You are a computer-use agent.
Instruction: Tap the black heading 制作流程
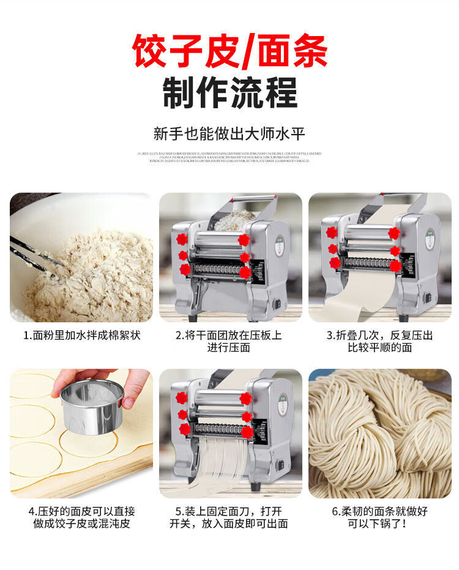(x=229, y=92)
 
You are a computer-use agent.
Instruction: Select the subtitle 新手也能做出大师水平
(x=229, y=133)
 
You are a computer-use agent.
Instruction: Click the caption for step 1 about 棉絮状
(x=81, y=336)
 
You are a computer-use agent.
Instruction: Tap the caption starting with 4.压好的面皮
(x=81, y=517)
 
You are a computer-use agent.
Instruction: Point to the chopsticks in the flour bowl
(x=34, y=257)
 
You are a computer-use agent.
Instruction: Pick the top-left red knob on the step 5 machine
(x=181, y=398)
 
